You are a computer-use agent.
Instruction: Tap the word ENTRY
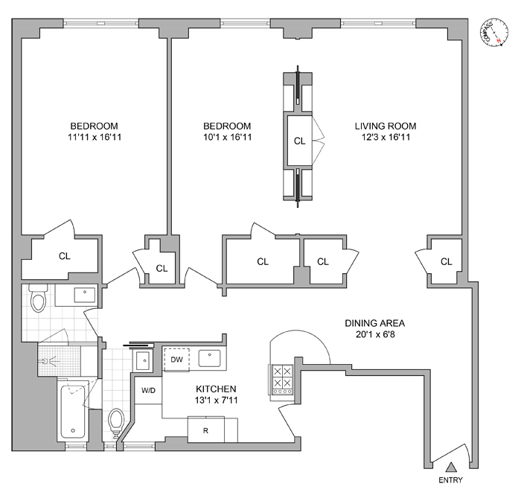tap(450, 480)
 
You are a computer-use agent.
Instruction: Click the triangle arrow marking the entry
tap(450, 467)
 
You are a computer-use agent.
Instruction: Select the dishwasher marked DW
tap(176, 360)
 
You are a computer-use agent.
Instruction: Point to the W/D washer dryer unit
tap(145, 389)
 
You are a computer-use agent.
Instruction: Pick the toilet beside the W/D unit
tap(115, 421)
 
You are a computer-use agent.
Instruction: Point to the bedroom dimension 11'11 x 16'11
tap(94, 137)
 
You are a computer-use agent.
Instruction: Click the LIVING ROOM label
tap(385, 126)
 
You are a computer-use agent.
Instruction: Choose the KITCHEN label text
tap(216, 389)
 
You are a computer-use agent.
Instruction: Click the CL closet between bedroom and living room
tap(299, 141)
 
